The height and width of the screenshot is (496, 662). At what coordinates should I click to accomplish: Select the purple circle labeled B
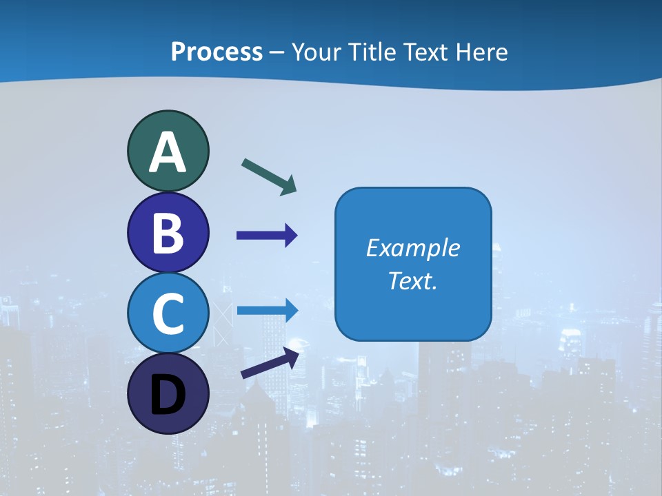[x=168, y=233]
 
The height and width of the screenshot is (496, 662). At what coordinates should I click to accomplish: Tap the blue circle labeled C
[x=168, y=313]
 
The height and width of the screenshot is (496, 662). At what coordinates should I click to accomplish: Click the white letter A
[x=168, y=153]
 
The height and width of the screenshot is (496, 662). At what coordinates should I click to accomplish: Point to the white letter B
[x=168, y=233]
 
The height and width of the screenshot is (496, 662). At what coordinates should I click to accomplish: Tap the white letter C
[x=168, y=314]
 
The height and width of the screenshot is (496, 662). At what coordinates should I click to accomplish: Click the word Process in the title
[x=217, y=52]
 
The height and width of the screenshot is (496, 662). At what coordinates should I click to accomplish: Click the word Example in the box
[x=412, y=248]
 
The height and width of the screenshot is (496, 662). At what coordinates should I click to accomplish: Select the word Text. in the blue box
[x=412, y=280]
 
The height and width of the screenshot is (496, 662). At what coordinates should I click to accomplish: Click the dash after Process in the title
[x=277, y=53]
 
